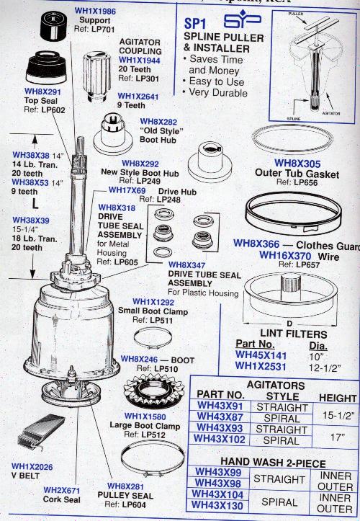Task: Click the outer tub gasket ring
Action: point(295,137)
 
